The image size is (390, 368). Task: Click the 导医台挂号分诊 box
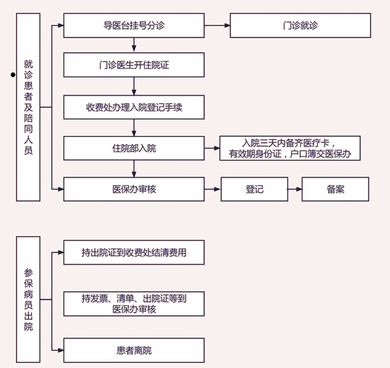click(x=134, y=26)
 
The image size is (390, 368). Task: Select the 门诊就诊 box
click(x=301, y=26)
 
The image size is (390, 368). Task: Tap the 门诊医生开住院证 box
click(x=134, y=65)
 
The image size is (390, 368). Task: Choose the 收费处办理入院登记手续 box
click(x=134, y=108)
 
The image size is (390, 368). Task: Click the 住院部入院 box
click(x=134, y=148)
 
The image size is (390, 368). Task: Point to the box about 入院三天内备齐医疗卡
click(x=290, y=148)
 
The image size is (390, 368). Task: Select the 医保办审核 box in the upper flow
click(x=134, y=189)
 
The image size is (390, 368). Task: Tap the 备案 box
click(x=335, y=189)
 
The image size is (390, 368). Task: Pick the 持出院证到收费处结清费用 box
click(x=134, y=253)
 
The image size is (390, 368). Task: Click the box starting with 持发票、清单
click(x=134, y=304)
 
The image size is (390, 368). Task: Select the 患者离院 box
click(x=134, y=350)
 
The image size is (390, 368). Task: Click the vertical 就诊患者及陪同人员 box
click(x=28, y=107)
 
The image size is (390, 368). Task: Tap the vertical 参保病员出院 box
click(x=28, y=299)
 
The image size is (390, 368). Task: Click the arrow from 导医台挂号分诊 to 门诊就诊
click(x=217, y=26)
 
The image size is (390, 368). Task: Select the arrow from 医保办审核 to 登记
click(x=213, y=189)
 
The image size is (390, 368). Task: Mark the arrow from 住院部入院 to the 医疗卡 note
click(x=212, y=148)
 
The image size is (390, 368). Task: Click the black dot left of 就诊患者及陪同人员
click(x=12, y=75)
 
